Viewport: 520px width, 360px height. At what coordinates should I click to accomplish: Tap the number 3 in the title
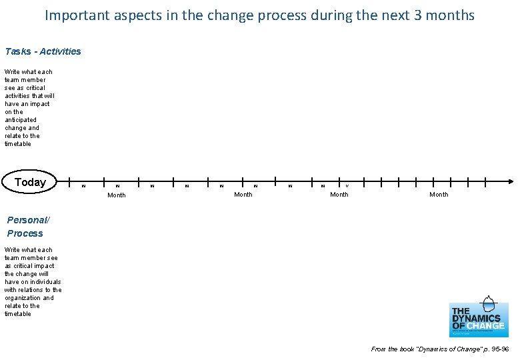417,15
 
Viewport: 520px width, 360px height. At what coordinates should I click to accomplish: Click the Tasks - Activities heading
43,51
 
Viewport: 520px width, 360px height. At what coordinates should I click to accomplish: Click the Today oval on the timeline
31,182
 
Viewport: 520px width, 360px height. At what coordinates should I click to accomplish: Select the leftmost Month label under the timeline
117,195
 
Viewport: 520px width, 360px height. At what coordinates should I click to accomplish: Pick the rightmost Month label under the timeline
439,195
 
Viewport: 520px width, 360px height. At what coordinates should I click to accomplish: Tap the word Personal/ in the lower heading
27,220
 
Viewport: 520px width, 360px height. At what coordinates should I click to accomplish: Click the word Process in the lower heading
25,233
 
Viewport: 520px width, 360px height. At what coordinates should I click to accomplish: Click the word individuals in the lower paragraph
43,281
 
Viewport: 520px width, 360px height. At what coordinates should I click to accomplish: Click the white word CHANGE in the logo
489,326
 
